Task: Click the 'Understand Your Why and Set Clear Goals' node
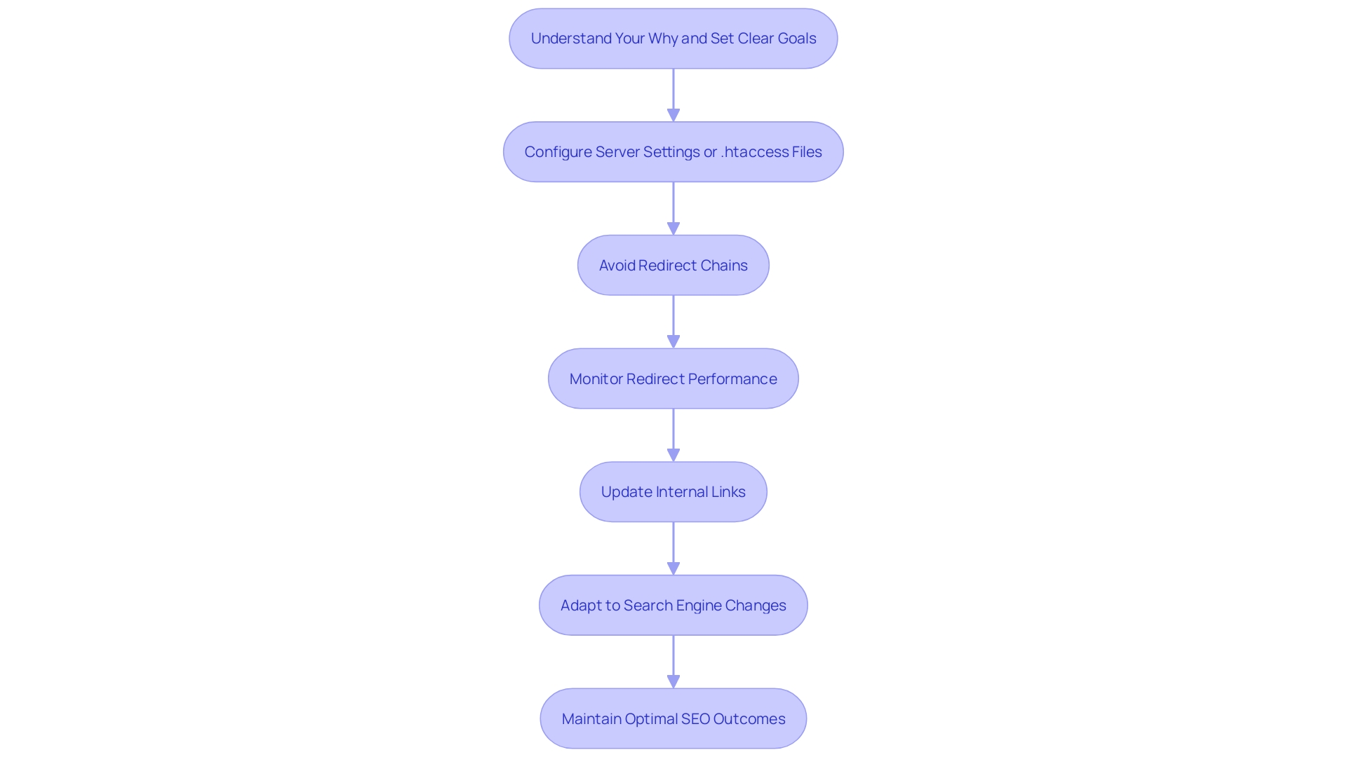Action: coord(673,39)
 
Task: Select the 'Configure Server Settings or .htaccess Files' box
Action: coord(673,152)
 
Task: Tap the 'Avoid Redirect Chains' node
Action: coord(673,265)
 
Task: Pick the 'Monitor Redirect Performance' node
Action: coord(673,378)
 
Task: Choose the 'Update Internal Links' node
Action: coord(673,492)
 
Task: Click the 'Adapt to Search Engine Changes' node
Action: coord(673,606)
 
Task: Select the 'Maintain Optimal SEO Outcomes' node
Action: coord(673,718)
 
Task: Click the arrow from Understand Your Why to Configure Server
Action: coord(673,95)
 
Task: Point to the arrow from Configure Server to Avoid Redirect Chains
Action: coord(673,208)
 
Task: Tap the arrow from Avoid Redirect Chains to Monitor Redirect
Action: coord(673,321)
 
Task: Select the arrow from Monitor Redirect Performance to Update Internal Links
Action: coord(673,435)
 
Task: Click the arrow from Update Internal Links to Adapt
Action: coord(673,548)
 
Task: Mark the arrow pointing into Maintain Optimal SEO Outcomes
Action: coord(673,662)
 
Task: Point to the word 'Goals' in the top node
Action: coord(796,39)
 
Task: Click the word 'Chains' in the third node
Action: coord(724,266)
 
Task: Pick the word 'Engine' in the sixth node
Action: coord(698,606)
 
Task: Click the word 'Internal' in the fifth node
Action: coord(681,492)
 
